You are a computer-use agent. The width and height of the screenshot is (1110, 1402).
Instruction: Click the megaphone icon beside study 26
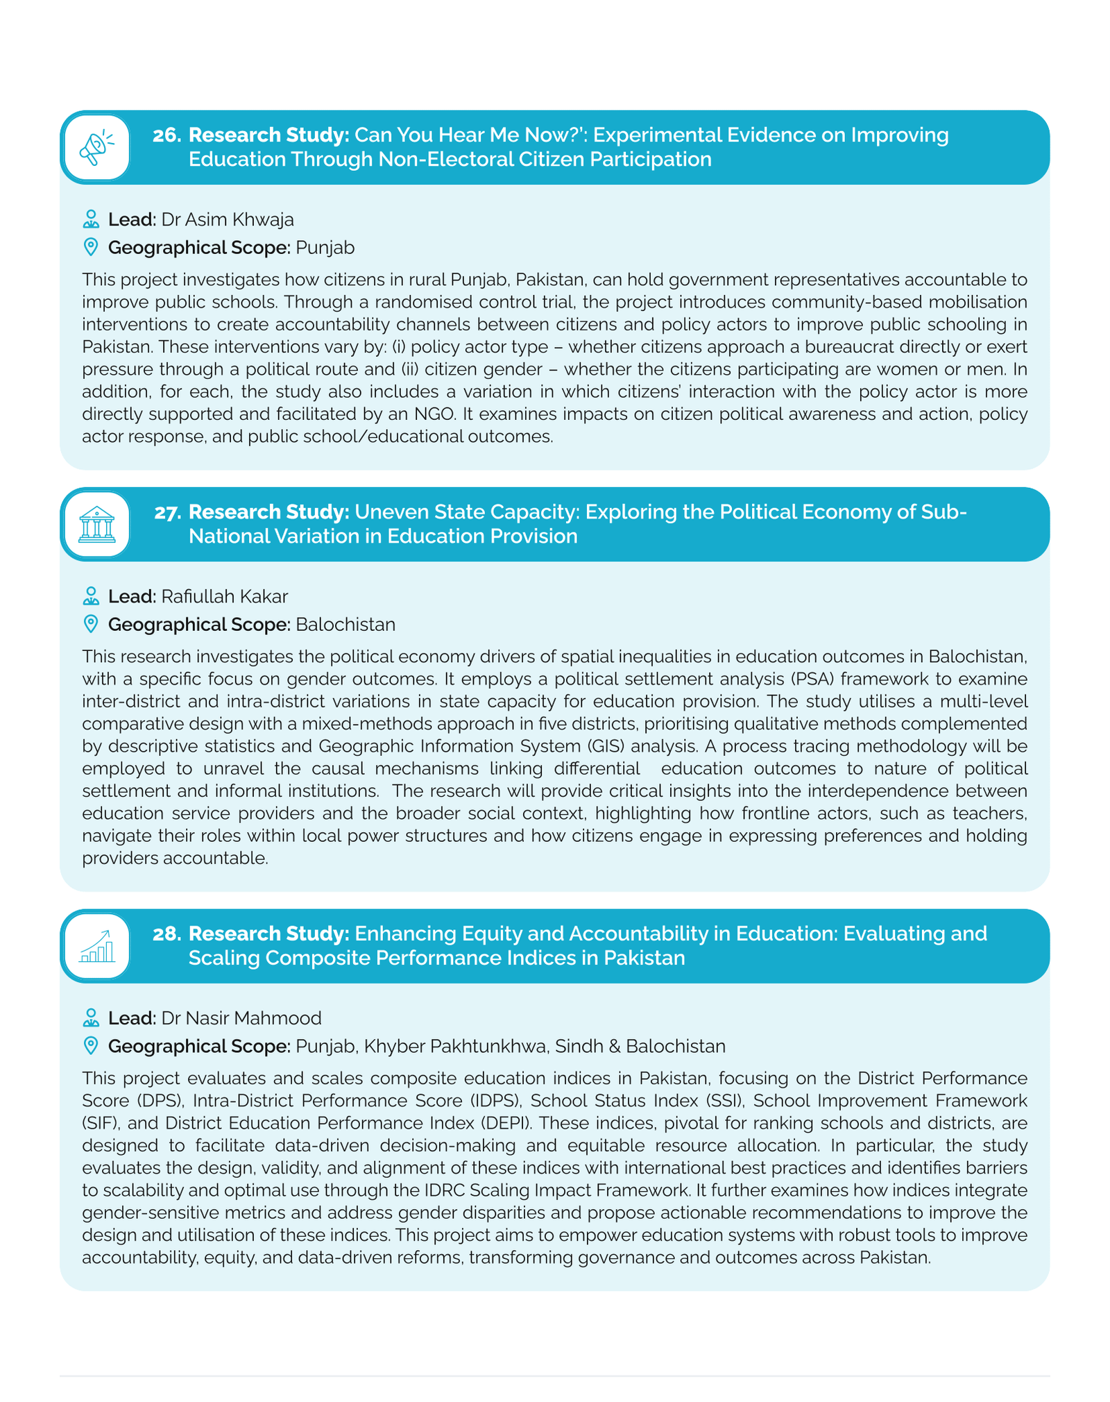coord(96,148)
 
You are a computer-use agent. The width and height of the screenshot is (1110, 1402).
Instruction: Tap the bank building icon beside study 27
coord(96,525)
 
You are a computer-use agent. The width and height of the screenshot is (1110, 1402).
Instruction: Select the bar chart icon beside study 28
coord(96,946)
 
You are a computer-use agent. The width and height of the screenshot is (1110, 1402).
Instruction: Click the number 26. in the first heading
coord(166,135)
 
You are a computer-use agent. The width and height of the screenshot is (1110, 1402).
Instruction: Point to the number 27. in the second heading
coord(167,512)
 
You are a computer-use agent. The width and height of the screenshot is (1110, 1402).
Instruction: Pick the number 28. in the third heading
coord(166,934)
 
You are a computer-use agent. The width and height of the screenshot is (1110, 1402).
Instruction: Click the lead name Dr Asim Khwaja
coord(228,220)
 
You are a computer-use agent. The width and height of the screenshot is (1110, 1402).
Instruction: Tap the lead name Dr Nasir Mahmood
coord(241,1018)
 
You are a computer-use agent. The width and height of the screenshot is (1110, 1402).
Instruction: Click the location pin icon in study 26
coord(90,247)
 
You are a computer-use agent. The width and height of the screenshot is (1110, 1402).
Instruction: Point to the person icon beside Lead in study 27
coord(90,596)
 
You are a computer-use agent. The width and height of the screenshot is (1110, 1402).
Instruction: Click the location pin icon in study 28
coord(90,1045)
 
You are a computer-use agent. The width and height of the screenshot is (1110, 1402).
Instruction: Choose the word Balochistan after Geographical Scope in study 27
coord(345,625)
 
